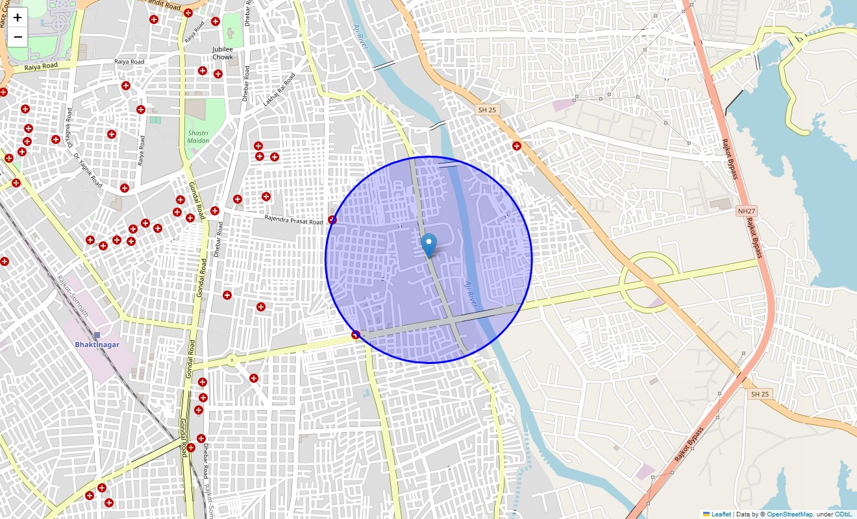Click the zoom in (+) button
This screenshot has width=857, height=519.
[x=18, y=18]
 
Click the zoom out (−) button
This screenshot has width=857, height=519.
[x=18, y=37]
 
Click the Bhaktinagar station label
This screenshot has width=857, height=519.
[x=97, y=344]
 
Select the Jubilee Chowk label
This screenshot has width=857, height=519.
[x=223, y=53]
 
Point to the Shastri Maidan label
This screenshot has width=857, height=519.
[x=198, y=136]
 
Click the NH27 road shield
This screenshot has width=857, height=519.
[x=747, y=211]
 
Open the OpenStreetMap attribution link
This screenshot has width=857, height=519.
[x=789, y=514]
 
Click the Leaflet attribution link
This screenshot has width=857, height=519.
[x=721, y=514]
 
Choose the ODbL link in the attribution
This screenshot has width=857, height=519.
[x=843, y=514]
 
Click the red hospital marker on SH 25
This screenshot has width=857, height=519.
[x=517, y=146]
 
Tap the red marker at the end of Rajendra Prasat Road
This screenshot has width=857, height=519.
[x=332, y=220]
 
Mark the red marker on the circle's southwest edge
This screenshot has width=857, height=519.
[x=355, y=335]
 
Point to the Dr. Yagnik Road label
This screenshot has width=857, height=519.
[x=88, y=170]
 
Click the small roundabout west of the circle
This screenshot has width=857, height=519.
[x=231, y=359]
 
